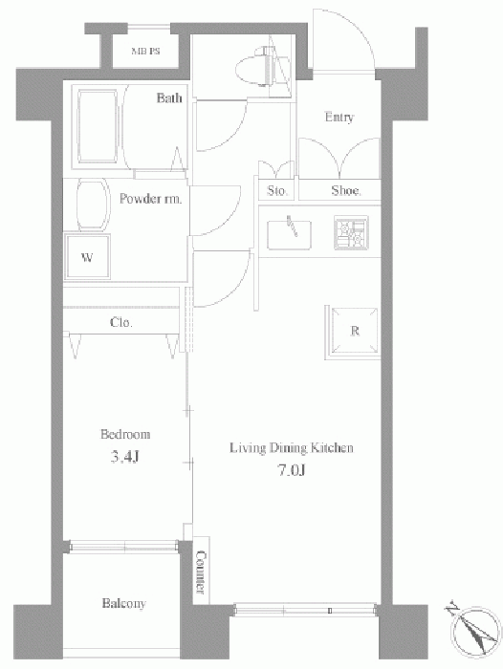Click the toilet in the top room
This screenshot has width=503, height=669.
(x=255, y=68)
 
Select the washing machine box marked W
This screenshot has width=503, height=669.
(x=87, y=257)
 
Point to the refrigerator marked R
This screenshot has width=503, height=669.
(x=353, y=332)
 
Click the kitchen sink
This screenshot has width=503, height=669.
(x=289, y=234)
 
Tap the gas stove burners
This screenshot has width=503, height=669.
(x=351, y=232)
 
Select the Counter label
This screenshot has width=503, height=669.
(x=201, y=572)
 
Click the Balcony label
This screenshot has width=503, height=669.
(x=123, y=603)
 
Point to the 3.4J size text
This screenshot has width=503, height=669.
(x=124, y=457)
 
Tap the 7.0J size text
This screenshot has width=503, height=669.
(x=292, y=470)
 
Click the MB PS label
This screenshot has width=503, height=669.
(x=145, y=52)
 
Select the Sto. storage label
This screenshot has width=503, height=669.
(x=277, y=190)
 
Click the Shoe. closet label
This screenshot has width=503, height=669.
(x=346, y=190)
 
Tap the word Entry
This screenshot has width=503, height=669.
(x=339, y=117)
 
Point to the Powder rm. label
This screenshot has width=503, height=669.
(x=150, y=199)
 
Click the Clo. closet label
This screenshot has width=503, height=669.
(x=121, y=322)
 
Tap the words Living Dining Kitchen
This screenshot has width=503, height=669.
(x=292, y=448)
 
